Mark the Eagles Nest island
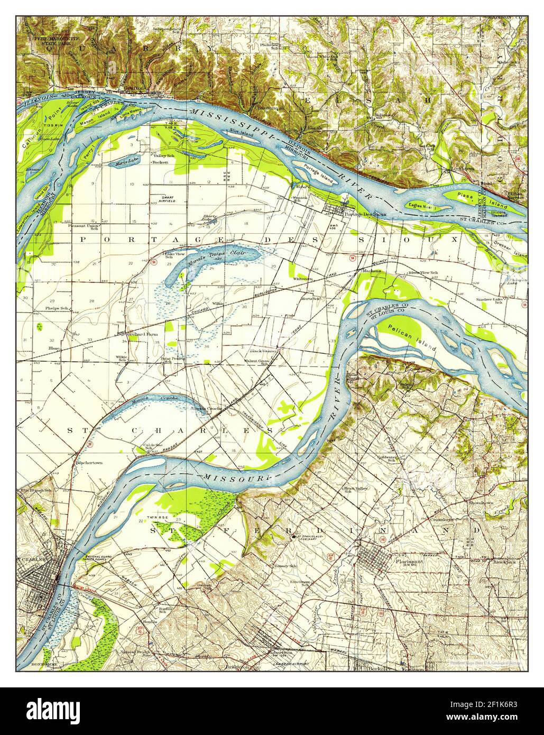pos(420,207)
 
